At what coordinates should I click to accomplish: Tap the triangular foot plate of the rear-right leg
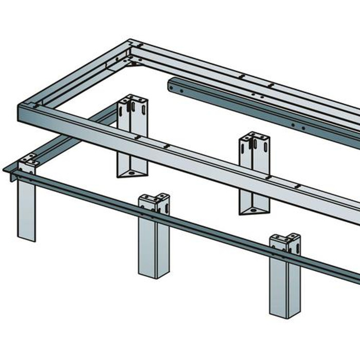[x=254, y=210]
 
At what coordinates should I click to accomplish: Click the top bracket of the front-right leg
[x=286, y=242]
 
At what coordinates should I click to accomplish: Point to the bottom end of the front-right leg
[x=284, y=314]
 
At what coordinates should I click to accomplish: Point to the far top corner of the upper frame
[x=131, y=42]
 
